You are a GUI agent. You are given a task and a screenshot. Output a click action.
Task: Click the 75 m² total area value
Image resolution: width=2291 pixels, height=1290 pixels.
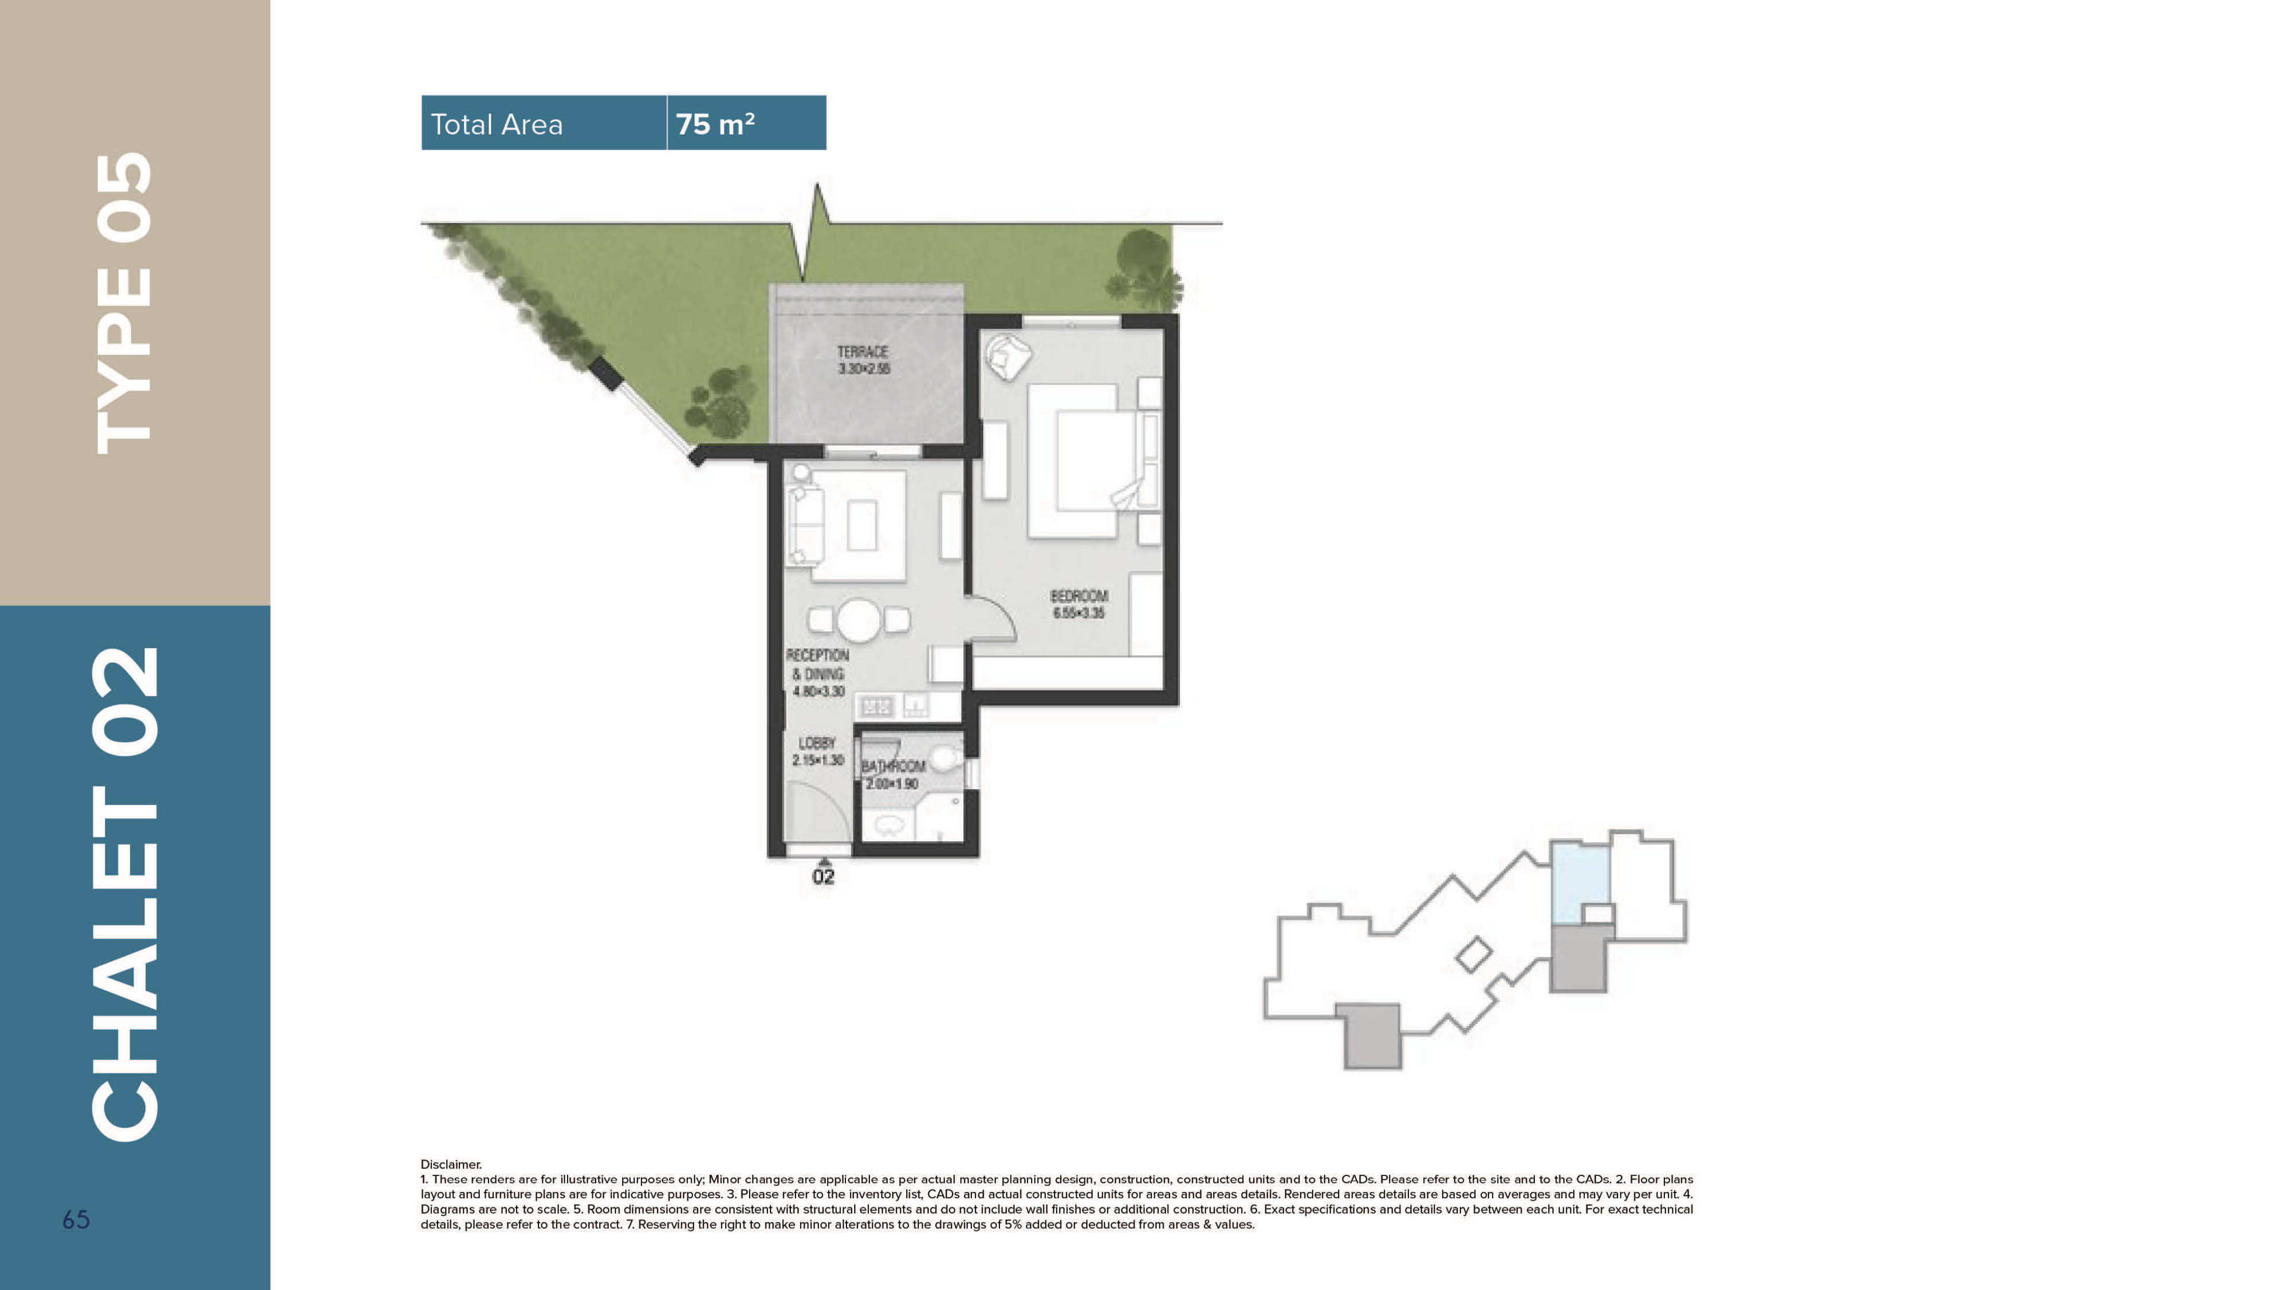point(715,124)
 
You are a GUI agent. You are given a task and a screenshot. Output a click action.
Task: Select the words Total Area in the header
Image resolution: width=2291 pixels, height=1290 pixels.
point(496,124)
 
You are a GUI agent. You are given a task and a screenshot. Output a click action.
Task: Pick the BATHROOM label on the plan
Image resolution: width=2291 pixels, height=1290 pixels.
point(893,766)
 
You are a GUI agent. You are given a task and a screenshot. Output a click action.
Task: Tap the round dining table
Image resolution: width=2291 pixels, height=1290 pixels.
point(858,620)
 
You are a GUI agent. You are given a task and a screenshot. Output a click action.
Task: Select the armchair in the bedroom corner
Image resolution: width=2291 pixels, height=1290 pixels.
point(1007,356)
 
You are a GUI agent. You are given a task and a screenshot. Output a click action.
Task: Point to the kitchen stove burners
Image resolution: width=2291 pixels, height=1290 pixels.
point(875,706)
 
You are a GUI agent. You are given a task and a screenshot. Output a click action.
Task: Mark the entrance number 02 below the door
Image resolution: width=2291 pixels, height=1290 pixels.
point(824,877)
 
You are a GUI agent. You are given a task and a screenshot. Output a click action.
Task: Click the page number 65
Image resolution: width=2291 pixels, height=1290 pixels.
point(76,1220)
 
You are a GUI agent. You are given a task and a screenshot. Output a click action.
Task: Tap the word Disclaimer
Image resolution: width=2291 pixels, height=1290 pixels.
point(451,1163)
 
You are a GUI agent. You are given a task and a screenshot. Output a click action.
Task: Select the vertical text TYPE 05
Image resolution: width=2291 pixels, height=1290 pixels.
point(124,302)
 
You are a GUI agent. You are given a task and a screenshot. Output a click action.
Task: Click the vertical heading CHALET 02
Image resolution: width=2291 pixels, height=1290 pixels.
point(124,894)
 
